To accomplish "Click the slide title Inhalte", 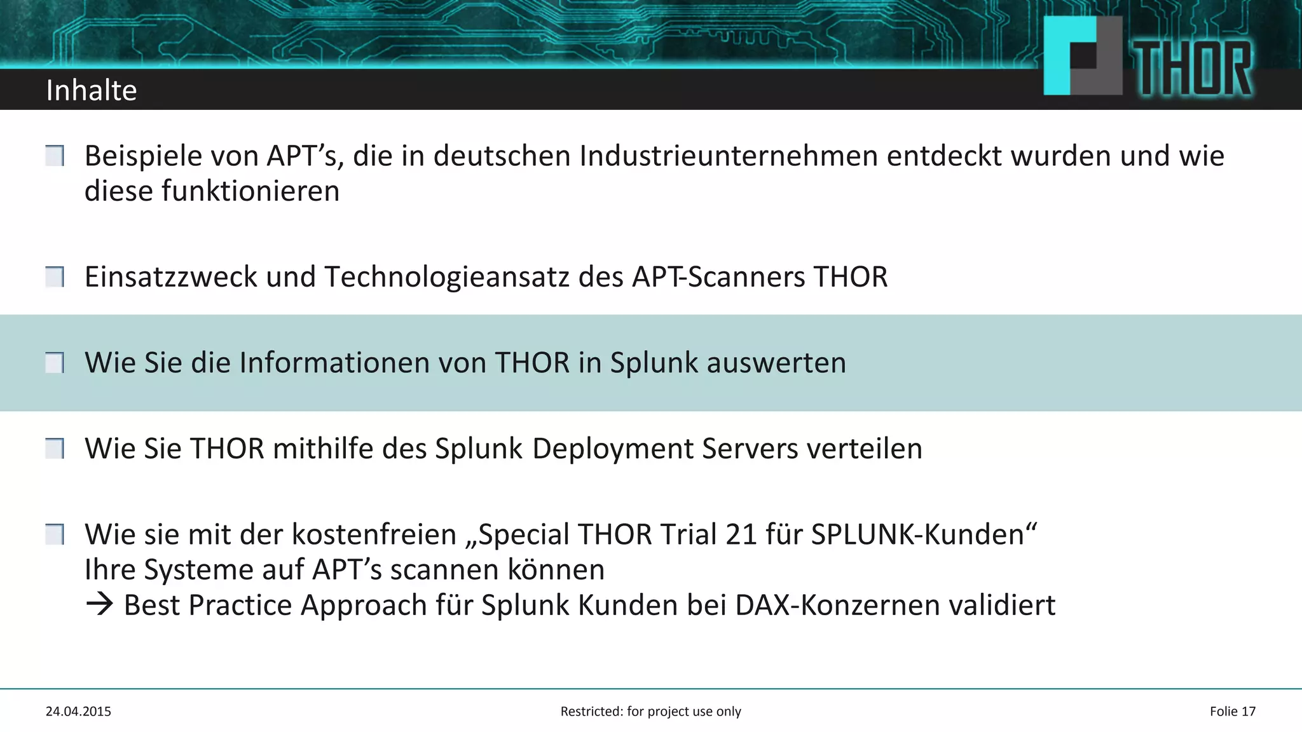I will (x=92, y=90).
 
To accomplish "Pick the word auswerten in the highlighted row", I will (x=776, y=363).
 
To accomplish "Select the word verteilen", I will (x=865, y=449).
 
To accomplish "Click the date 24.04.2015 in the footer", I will (x=78, y=712).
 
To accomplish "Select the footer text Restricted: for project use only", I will (x=650, y=712).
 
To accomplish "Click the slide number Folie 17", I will (x=1232, y=712).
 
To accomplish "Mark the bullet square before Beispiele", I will (x=55, y=156).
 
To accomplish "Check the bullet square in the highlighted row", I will (x=55, y=363).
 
